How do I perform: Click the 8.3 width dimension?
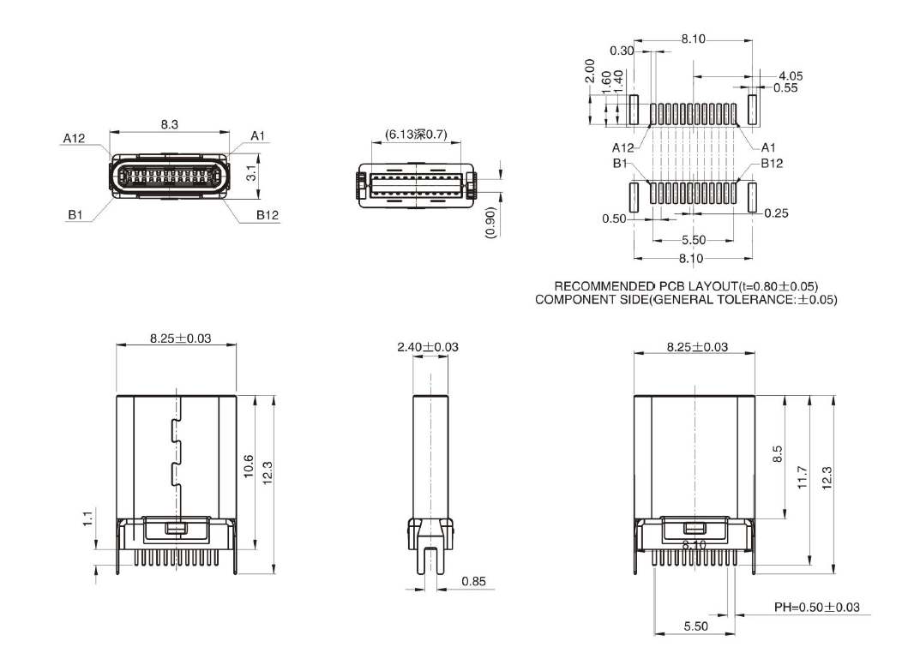[x=169, y=124]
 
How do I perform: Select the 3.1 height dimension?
[x=251, y=172]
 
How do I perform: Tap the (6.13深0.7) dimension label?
[x=416, y=135]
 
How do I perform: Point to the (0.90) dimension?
[x=490, y=222]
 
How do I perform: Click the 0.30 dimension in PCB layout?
[x=622, y=51]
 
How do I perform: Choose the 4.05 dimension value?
[x=790, y=76]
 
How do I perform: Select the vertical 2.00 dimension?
[x=589, y=71]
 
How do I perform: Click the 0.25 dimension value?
[x=775, y=213]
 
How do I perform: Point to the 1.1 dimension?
[x=87, y=520]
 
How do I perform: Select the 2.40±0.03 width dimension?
[x=427, y=347]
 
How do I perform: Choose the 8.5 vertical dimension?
[x=778, y=454]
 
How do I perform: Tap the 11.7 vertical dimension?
[x=802, y=476]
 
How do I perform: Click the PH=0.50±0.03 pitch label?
[x=817, y=607]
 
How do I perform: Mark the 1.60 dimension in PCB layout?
[x=606, y=83]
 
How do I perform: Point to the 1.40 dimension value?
[x=618, y=81]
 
